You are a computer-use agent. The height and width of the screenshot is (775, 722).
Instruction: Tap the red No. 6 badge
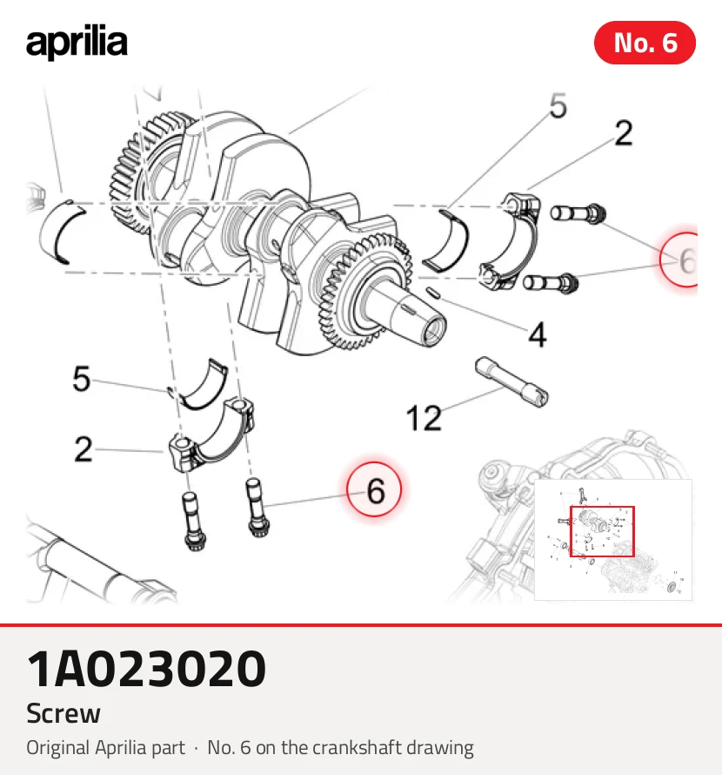pos(645,43)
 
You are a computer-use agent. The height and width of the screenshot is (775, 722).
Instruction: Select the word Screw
pos(64,713)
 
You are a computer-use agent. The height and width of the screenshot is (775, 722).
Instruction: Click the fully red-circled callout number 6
pos(374,489)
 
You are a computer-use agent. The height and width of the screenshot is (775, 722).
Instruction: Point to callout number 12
pos(424,418)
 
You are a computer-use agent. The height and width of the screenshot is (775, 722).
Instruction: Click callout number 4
pos(538,335)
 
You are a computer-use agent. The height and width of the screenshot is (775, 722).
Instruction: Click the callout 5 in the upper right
pos(558,105)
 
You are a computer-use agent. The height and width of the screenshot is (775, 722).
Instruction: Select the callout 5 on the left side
pos(82,379)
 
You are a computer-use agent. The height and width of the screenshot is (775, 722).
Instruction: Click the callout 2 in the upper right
pos(623,133)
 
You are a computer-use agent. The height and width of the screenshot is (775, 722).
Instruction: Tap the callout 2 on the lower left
pos(83,449)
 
